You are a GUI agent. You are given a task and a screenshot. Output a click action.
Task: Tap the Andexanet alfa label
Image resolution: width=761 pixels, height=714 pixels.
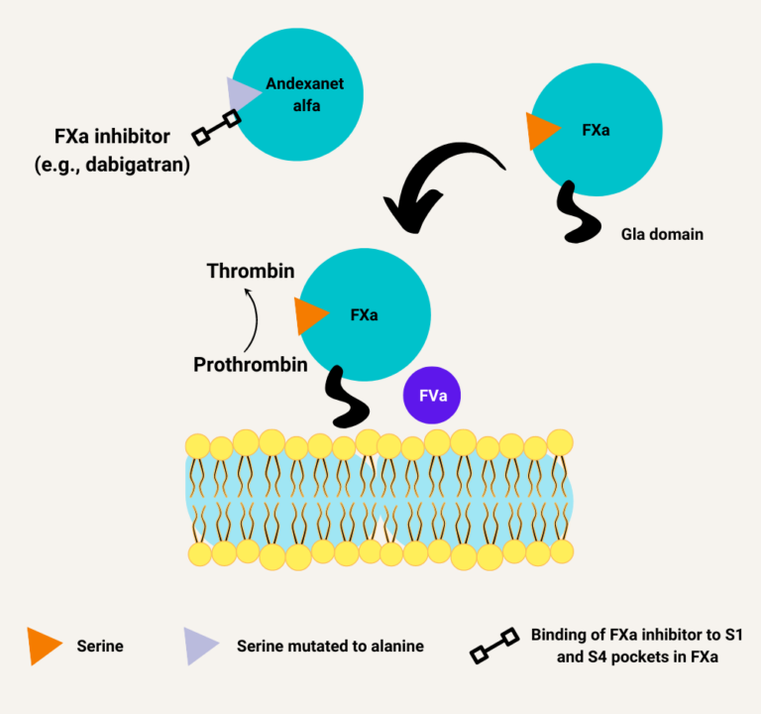(292, 95)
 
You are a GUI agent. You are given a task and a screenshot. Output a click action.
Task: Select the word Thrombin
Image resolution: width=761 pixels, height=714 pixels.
(251, 270)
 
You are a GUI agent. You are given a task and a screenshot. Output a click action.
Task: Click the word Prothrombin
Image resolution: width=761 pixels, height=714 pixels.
(250, 364)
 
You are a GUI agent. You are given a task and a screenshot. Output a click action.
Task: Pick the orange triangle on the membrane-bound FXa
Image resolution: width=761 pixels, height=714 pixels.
(309, 314)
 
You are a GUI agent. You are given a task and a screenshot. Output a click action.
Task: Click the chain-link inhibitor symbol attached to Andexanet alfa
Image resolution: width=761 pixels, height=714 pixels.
(215, 125)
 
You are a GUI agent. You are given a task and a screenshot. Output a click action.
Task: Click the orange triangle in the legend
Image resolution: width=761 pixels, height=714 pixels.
(44, 646)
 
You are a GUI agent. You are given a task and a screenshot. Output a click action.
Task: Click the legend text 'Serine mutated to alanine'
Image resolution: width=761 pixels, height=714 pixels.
(330, 647)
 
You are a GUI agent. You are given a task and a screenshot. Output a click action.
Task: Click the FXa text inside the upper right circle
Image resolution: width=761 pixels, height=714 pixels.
(596, 130)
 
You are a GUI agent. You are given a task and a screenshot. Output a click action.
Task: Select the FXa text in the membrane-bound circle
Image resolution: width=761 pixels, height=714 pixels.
(364, 314)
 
